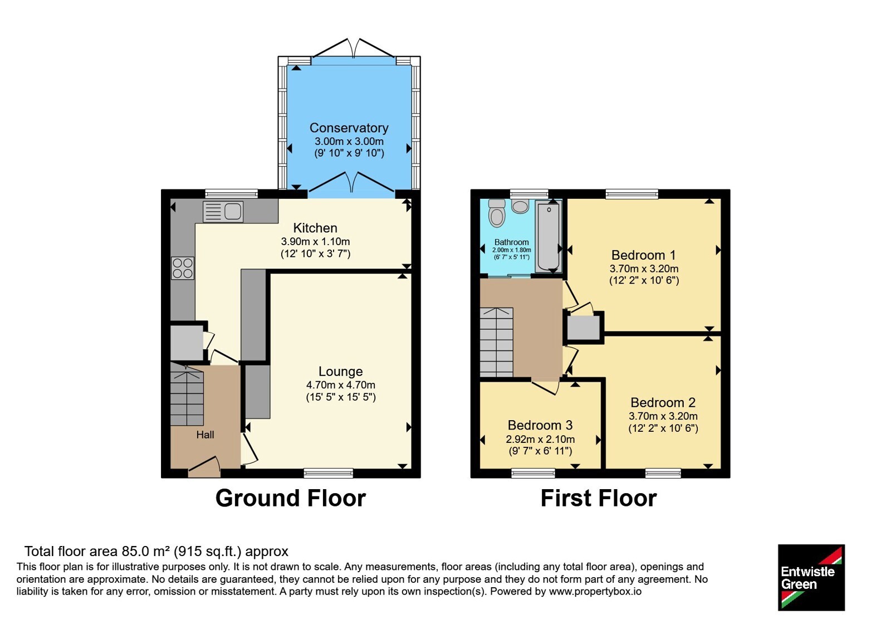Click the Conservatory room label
coord(349,128)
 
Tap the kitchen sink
coord(223,211)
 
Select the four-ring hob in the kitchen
coord(183,268)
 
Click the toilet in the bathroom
coord(496,213)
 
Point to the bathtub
coord(549,236)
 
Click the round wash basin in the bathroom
coord(520,206)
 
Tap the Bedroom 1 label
coord(644,255)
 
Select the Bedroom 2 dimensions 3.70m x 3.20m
coord(663,416)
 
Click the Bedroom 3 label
coord(540,425)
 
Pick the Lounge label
coord(340,371)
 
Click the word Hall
coord(205,435)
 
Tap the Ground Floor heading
coord(291,498)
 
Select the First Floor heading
coord(599,498)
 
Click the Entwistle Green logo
coord(811,577)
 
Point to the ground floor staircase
coord(187,393)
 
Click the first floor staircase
coord(496,342)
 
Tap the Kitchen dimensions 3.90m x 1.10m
coord(315,241)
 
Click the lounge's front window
coord(328,473)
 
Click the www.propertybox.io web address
coord(595,591)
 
